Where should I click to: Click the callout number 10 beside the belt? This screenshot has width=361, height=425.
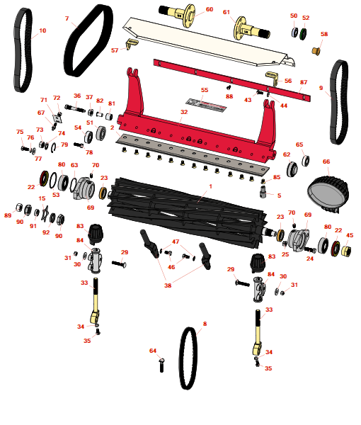tap(42, 30)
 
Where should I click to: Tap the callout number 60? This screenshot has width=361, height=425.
tap(210, 9)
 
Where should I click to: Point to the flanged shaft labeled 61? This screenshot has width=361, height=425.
tap(251, 29)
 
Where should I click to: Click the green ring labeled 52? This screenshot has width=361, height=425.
tap(303, 33)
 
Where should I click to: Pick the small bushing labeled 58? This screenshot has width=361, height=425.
tap(316, 51)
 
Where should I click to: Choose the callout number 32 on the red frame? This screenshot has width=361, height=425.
tap(184, 112)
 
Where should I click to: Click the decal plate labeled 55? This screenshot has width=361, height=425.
tap(206, 104)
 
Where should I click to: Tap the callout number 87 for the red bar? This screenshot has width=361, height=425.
tap(304, 82)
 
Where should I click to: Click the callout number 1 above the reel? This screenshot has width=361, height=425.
tap(210, 186)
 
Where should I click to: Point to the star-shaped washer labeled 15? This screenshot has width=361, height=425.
tap(45, 213)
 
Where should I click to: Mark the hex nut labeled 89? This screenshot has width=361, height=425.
tap(19, 208)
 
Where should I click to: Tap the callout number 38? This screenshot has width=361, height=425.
tap(168, 285)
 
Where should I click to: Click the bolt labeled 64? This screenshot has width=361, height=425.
tap(161, 365)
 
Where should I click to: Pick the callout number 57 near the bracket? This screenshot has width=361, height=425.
tap(115, 50)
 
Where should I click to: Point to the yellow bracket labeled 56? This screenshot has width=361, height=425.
tap(273, 78)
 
